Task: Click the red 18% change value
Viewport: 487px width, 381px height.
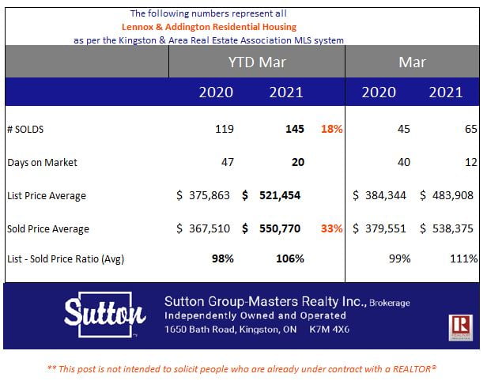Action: [x=331, y=129]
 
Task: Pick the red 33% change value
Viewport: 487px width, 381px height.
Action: [x=331, y=228]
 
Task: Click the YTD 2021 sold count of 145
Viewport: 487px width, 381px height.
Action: [x=294, y=129]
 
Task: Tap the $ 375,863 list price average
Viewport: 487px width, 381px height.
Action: [x=204, y=195]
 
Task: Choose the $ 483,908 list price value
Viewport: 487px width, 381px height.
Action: [x=447, y=195]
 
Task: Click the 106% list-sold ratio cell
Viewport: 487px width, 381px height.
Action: [x=289, y=258]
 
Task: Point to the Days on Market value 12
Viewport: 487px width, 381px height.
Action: [x=470, y=162]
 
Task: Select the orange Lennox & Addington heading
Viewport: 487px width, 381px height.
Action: [x=209, y=26]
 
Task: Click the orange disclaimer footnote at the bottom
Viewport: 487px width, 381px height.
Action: [x=242, y=368]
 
